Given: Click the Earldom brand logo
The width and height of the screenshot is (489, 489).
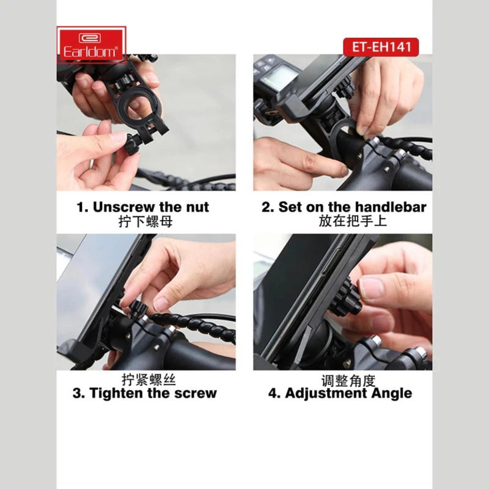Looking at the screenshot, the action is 91,45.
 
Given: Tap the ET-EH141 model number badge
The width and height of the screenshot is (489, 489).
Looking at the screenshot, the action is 381,47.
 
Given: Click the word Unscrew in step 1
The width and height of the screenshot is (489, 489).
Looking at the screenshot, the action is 123,207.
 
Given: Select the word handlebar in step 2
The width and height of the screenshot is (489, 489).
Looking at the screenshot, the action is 391,207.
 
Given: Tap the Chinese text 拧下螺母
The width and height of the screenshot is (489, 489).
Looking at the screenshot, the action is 145,222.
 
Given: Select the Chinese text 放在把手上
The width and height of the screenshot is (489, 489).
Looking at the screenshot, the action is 353,221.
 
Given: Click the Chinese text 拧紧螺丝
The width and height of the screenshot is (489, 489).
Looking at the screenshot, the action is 149,380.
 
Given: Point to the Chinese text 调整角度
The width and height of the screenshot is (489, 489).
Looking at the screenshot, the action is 348,381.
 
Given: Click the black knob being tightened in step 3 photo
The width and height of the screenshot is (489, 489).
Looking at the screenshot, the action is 138,308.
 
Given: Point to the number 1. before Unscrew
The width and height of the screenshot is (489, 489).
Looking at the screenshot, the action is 83,207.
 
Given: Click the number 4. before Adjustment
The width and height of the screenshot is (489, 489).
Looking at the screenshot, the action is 274,393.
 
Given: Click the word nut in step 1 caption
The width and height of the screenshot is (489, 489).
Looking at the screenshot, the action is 197,207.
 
